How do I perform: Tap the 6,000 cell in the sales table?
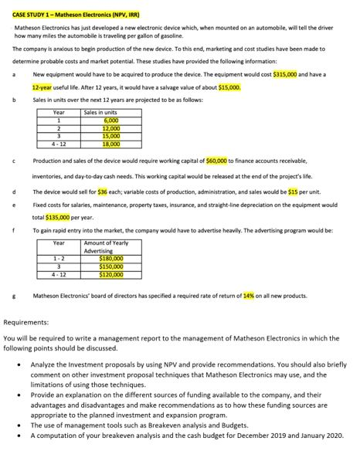click(x=110, y=122)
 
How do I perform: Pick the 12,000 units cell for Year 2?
click(x=110, y=129)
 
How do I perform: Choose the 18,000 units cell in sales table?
click(x=110, y=144)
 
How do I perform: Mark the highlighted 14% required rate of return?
click(x=248, y=296)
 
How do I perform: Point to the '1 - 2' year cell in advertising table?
click(x=59, y=259)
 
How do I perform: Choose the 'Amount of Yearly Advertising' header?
click(x=99, y=247)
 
